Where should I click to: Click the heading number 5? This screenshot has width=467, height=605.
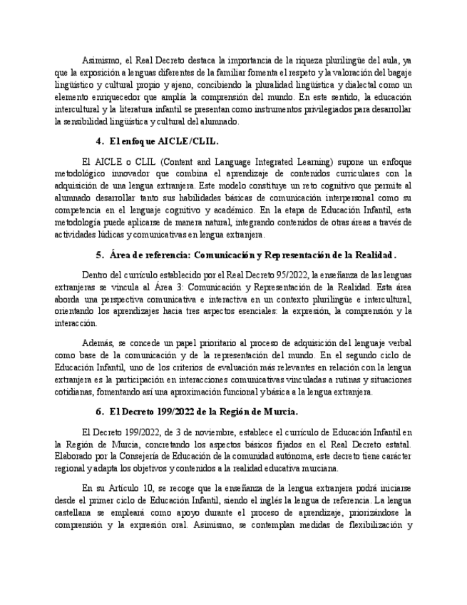click(99, 255)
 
